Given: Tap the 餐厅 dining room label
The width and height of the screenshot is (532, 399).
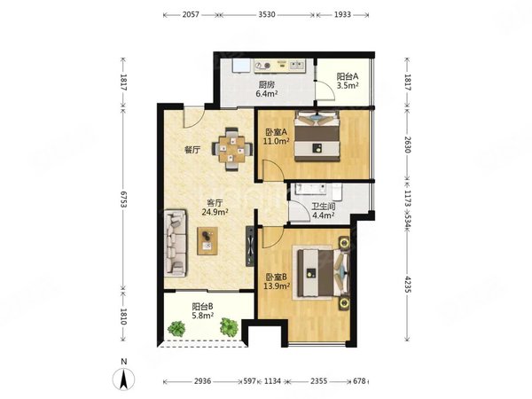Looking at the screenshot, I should pos(194,150).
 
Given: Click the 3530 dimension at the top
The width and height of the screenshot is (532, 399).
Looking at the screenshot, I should pos(267,15).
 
